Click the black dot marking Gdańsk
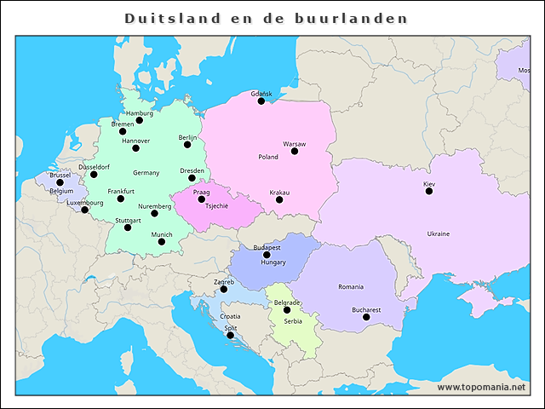[x=261, y=101]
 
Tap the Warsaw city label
[x=295, y=144]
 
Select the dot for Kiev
[x=429, y=191]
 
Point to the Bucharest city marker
[x=366, y=317]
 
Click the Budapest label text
[x=267, y=247]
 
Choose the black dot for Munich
[x=162, y=242]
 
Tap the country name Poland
[x=268, y=157]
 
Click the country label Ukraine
[x=439, y=233]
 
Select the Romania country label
[x=350, y=287]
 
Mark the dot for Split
[x=230, y=335]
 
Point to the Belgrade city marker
[x=287, y=310]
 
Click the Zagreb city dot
[x=224, y=289]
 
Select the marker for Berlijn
[x=188, y=145]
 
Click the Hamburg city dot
[x=140, y=120]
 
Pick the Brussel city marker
[x=60, y=182]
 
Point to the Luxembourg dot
[x=84, y=210]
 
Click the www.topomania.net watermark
[x=481, y=387]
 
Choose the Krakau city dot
[x=279, y=200]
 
